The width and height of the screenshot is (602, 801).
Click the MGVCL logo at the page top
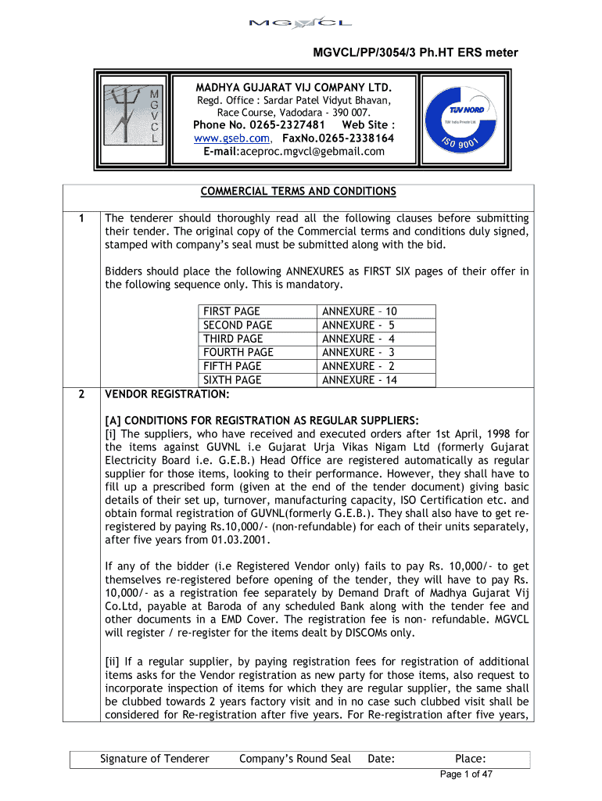pyautogui.click(x=300, y=23)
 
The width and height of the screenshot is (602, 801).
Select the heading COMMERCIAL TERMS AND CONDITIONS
pyautogui.click(x=299, y=192)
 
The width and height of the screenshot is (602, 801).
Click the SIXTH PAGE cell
pyautogui.click(x=232, y=380)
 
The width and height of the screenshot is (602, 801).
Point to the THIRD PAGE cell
pyautogui.click(x=234, y=339)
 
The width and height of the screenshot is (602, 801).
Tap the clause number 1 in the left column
pyautogui.click(x=81, y=218)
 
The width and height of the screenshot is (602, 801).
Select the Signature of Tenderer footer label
pyautogui.click(x=155, y=759)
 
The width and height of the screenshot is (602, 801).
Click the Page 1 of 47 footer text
pyautogui.click(x=466, y=774)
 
